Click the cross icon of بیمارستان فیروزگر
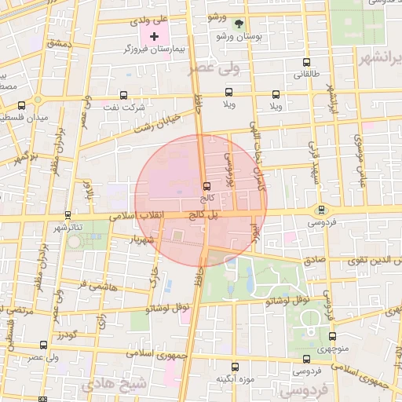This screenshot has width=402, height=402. (154, 36)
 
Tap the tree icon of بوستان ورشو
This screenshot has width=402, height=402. (239, 24)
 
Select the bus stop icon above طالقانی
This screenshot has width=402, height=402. (305, 63)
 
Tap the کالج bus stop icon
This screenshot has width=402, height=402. (206, 186)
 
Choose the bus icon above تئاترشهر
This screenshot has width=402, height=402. (68, 214)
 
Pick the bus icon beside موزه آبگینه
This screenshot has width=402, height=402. (234, 367)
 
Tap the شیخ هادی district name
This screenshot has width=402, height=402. (124, 385)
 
